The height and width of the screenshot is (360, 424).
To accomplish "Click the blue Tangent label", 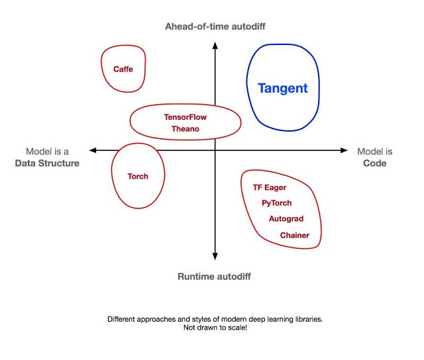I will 282,88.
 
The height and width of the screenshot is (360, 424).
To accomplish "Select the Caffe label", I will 123,69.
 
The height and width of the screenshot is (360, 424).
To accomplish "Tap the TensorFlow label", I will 185,117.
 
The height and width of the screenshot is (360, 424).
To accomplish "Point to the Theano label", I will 185,129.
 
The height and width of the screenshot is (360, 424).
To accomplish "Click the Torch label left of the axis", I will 138,176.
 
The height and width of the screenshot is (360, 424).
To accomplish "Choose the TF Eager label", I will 270,187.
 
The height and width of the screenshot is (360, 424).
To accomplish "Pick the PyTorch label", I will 276,203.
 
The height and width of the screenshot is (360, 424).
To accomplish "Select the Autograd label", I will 286,219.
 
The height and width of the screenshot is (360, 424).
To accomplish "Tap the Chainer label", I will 294,235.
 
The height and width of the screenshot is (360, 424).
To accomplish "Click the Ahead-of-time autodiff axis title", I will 215,26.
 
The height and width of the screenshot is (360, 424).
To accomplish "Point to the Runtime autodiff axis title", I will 214,277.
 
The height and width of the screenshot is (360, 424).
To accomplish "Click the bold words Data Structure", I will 47,163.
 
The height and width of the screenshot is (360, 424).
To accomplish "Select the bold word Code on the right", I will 375,163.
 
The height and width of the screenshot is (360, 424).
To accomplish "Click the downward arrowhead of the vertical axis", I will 215,257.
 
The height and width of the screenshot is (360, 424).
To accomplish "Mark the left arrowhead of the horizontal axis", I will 92,151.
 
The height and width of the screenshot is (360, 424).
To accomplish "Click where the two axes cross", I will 215,151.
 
